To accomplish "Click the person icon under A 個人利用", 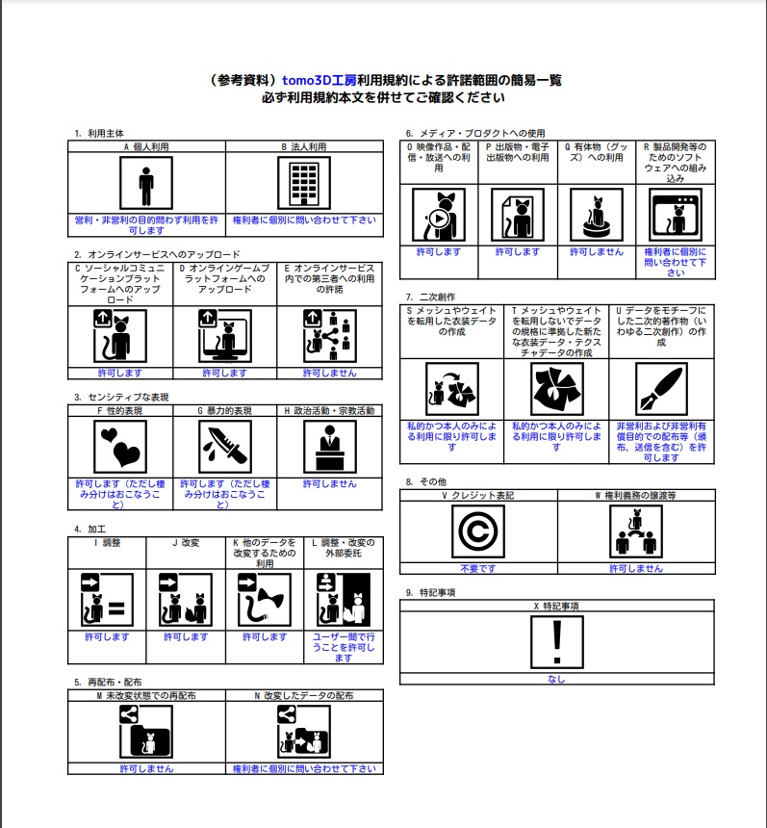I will click(146, 183).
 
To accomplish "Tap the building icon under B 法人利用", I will click(303, 183).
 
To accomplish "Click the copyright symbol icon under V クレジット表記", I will click(478, 532).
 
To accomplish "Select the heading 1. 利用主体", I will click(99, 133).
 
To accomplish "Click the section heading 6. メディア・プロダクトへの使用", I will click(474, 133).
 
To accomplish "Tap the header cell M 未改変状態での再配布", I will click(146, 695).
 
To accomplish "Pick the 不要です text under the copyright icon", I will click(478, 569).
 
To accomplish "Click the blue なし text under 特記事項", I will click(556, 679).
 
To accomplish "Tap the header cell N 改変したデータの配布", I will click(303, 695).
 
